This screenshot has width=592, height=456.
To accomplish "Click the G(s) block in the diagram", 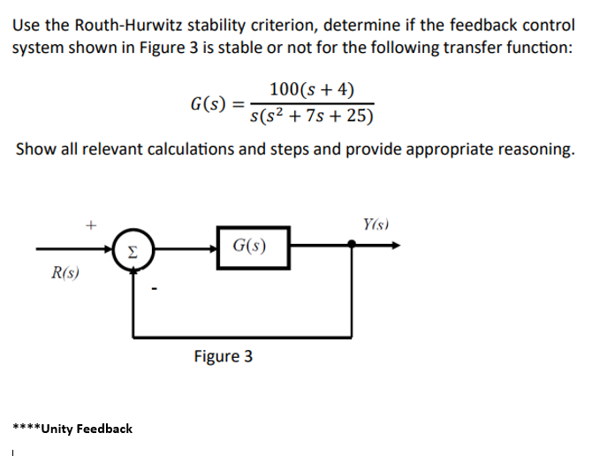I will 252,245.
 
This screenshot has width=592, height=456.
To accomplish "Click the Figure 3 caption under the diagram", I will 223,356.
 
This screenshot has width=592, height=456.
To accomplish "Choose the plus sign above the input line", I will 90,225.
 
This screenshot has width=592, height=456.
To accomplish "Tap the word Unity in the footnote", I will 59,429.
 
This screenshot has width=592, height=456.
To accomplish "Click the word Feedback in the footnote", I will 105,429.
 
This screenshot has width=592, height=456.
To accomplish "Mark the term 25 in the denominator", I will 353,116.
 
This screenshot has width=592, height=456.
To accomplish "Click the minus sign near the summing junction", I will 155,285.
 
